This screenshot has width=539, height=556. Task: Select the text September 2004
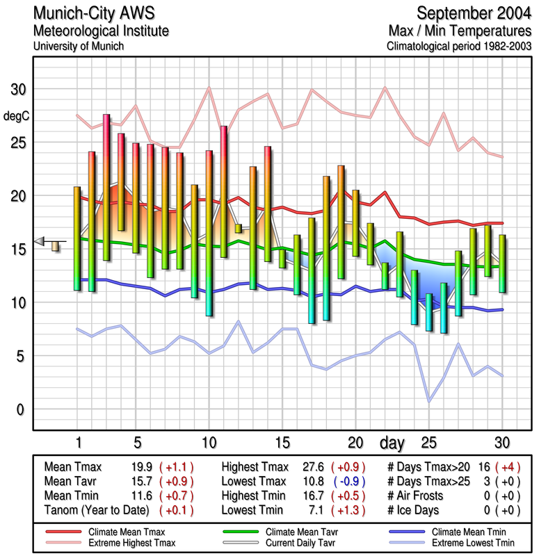click(x=474, y=13)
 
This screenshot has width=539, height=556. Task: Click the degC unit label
click(x=17, y=116)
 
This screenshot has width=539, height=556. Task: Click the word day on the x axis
click(x=392, y=442)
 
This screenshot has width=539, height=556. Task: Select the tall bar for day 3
click(x=106, y=188)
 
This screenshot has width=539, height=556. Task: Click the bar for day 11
click(x=223, y=192)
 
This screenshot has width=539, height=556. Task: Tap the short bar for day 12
click(x=238, y=228)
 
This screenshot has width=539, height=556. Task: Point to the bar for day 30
click(x=502, y=263)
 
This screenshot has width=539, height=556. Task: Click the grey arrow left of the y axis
click(x=40, y=240)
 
